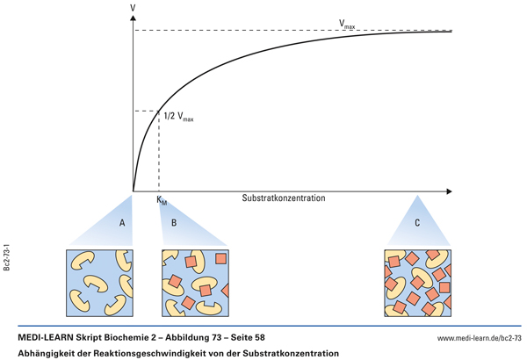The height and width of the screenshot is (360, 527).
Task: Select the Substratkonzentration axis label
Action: click(x=284, y=198)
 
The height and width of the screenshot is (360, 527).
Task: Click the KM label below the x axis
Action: click(x=161, y=202)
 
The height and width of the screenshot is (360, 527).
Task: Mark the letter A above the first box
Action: click(x=123, y=223)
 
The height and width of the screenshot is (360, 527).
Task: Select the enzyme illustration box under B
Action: click(x=195, y=283)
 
